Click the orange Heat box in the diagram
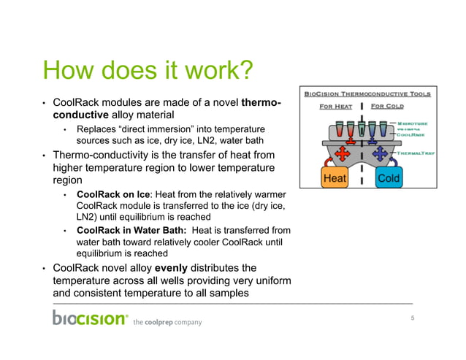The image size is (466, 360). point(335,178)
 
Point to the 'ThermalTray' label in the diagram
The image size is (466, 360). point(416,154)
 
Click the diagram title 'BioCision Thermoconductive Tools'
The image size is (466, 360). point(367,93)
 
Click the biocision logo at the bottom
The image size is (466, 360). point(90,318)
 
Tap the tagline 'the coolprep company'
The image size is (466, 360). point(167,322)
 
